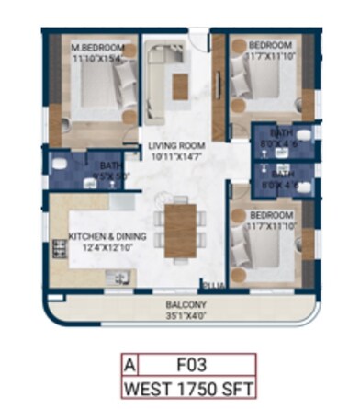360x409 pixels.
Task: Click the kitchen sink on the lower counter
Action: click(x=118, y=277)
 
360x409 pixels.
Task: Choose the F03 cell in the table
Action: click(x=188, y=367)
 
